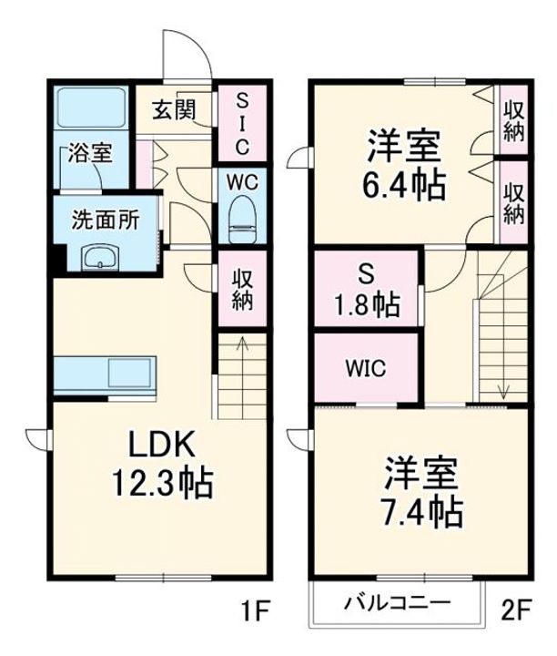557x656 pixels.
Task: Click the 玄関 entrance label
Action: coord(173,110)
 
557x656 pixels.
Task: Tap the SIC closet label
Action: coord(242,124)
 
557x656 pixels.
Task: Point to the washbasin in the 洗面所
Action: coord(99,259)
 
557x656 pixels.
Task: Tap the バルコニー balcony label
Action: coord(397,602)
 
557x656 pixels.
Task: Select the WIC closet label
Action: coord(366,369)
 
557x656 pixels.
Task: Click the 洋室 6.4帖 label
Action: coord(405,166)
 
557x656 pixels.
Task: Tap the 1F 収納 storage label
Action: coord(241,291)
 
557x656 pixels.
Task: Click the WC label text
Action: coord(243,180)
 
